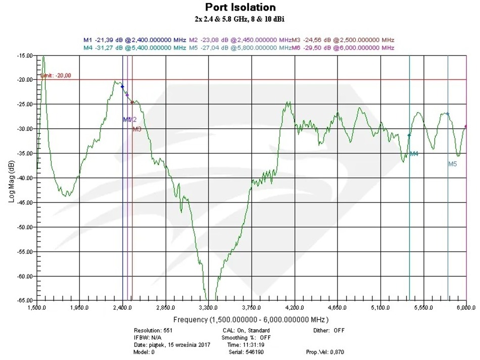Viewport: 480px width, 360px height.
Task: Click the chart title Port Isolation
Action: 240,7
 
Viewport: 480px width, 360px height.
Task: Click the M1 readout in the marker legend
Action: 135,40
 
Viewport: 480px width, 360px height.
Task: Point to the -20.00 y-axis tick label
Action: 24,80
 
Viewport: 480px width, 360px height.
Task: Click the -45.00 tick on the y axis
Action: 24,202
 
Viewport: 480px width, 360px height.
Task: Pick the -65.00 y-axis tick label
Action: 24,301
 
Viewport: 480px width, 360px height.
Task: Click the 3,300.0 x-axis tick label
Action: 208,307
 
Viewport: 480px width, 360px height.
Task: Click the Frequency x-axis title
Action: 251,320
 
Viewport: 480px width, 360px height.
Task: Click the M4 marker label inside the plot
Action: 414,153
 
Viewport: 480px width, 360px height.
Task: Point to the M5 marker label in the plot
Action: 452,164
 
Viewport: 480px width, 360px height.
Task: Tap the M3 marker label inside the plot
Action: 137,129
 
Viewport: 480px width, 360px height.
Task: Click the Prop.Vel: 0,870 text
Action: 325,351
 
